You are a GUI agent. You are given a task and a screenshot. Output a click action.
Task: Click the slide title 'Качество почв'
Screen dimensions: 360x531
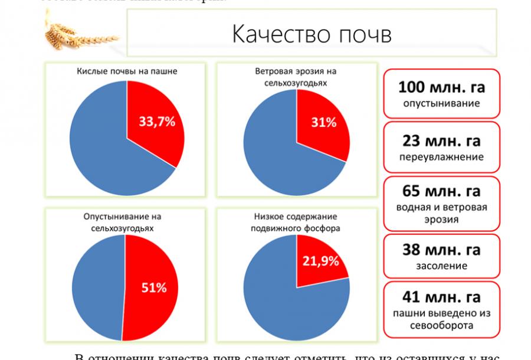pos(312,35)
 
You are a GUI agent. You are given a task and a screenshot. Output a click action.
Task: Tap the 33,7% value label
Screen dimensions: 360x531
pos(157,122)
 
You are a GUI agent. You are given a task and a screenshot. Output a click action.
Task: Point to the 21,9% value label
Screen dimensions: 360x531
pos(320,260)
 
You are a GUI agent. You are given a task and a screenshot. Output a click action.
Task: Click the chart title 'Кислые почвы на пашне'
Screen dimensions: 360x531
pos(127,71)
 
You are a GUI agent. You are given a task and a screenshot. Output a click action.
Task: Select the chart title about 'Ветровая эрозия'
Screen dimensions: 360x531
pos(296,77)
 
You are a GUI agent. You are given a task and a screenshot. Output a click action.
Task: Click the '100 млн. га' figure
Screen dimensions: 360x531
pos(441,88)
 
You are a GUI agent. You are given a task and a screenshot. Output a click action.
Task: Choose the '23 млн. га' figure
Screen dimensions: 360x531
pos(441,141)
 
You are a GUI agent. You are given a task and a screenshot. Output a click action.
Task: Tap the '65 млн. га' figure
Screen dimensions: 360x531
pos(441,191)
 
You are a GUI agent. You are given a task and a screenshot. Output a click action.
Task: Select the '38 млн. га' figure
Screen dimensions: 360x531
pos(441,249)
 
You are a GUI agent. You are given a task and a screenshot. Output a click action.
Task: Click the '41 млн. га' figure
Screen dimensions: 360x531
pos(441,297)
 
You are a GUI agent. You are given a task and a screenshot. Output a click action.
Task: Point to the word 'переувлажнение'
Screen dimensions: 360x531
pos(441,157)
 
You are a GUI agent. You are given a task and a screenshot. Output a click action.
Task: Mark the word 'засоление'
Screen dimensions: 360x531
pos(441,266)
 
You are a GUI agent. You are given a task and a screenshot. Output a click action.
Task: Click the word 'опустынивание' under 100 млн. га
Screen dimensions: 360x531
pos(441,103)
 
